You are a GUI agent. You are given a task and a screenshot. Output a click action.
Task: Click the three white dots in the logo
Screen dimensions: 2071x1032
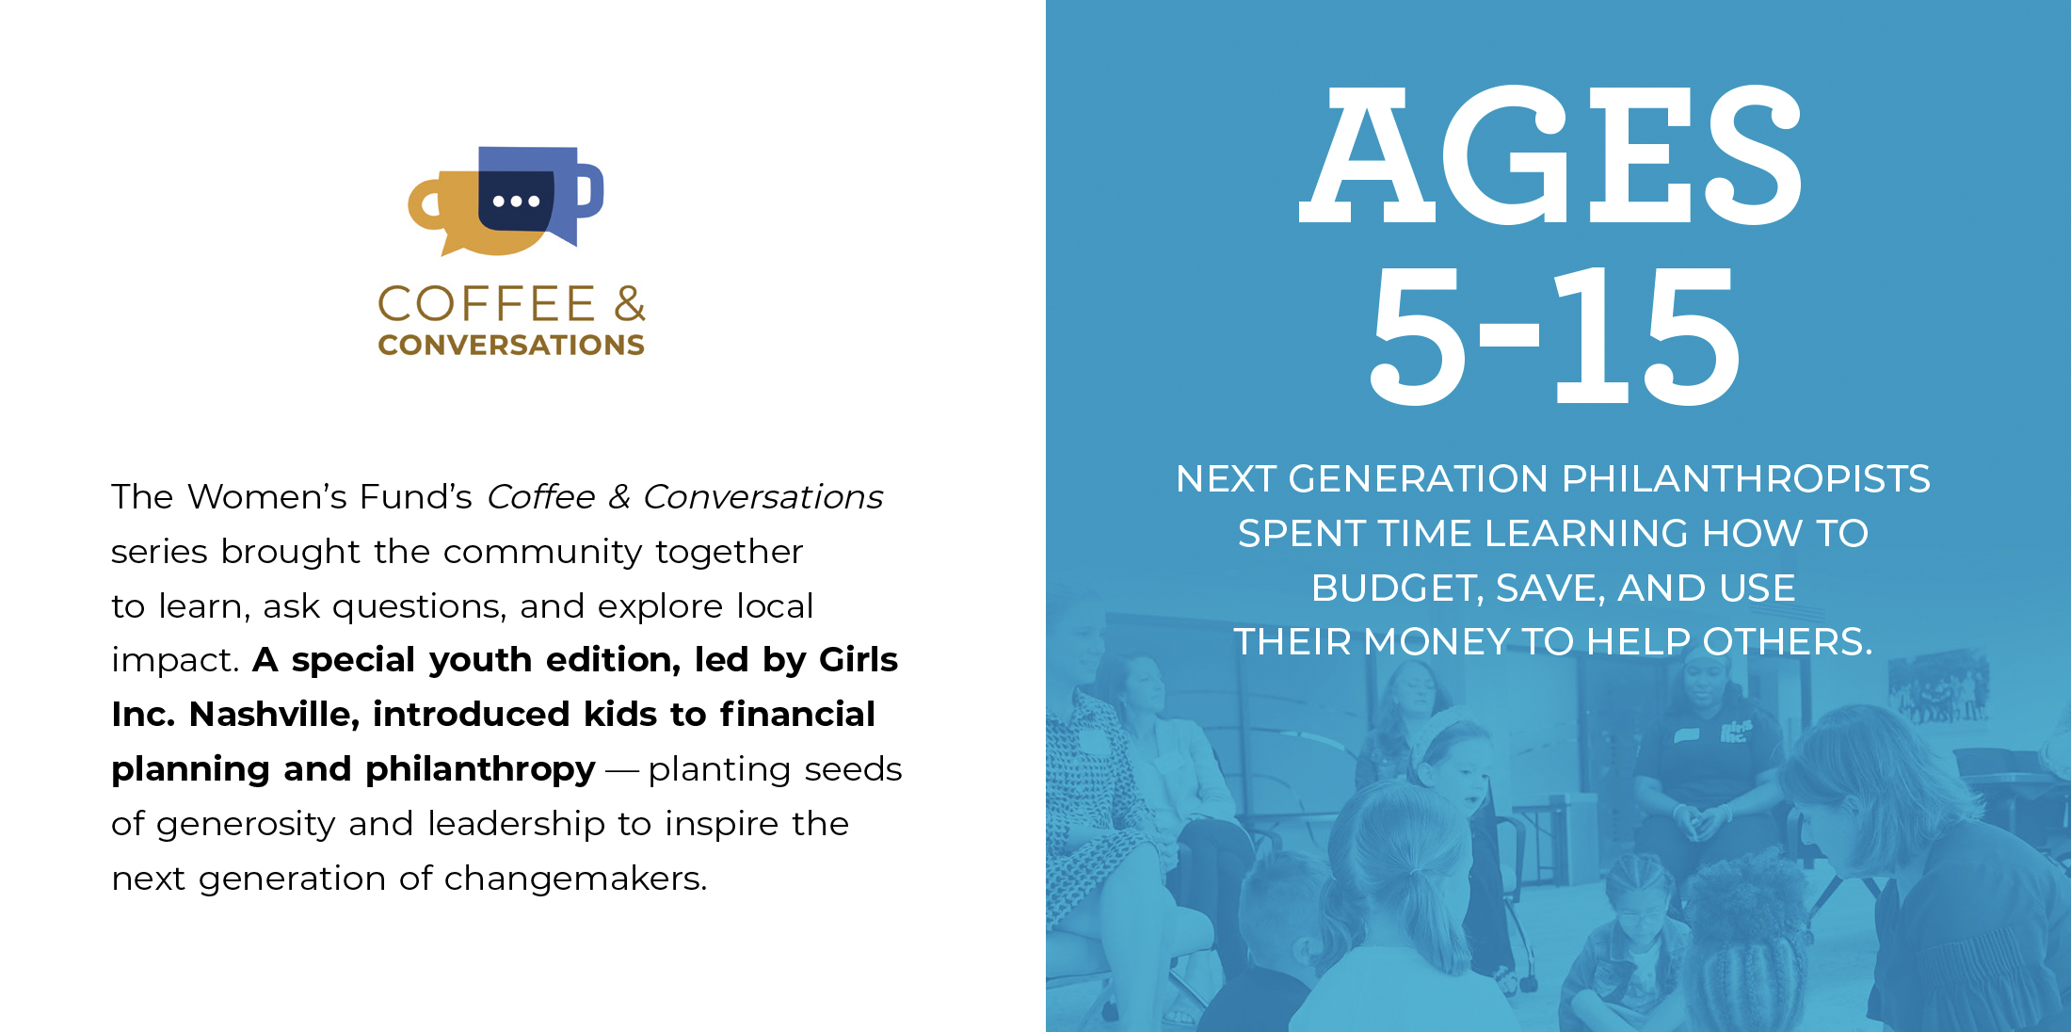coord(516,201)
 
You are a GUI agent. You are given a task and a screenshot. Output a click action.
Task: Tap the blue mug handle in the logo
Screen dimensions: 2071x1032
coord(590,190)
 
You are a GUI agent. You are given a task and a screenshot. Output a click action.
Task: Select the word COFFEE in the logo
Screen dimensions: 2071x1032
coord(486,304)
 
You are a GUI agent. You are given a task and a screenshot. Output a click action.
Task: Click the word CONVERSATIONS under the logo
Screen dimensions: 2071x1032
coord(511,345)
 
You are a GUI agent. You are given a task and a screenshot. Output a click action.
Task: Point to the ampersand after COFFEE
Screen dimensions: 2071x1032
coord(630,304)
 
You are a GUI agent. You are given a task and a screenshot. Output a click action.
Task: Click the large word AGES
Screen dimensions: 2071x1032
coord(1550,154)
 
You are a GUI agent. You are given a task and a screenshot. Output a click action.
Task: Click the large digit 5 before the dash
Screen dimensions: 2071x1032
coord(1418,335)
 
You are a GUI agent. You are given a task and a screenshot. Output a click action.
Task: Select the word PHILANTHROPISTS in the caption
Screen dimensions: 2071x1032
coord(1745,478)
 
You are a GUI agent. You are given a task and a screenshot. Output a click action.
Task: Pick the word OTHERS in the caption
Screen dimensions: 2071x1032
coord(1788,642)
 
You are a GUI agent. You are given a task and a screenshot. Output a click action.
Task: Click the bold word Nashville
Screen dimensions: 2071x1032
coord(274,714)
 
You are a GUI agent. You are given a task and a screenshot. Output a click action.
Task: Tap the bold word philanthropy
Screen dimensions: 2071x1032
coord(480,770)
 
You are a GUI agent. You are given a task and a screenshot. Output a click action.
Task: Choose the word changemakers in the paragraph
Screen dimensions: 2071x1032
coord(575,879)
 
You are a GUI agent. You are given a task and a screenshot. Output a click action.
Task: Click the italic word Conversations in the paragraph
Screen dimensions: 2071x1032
coord(763,496)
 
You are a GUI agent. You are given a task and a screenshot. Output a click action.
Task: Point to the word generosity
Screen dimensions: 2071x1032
coord(245,825)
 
